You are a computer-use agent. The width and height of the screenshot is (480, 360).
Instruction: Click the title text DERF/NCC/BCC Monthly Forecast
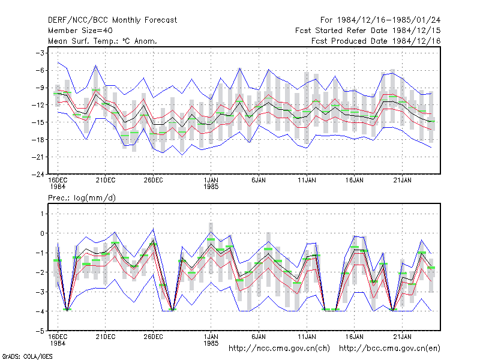point(112,20)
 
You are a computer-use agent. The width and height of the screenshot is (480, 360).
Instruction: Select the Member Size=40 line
point(80,31)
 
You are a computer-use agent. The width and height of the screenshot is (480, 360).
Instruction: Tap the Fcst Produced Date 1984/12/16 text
point(376,41)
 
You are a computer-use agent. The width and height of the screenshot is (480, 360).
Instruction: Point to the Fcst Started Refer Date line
point(368,31)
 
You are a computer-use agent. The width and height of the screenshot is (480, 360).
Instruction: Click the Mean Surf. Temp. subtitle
point(103,41)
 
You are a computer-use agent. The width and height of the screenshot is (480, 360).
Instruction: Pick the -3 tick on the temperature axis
point(40,53)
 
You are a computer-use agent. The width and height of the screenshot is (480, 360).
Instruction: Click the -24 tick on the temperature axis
point(38,175)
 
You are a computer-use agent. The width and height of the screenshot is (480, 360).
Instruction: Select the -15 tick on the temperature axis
point(38,122)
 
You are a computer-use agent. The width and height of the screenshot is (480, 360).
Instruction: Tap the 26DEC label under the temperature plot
point(153,181)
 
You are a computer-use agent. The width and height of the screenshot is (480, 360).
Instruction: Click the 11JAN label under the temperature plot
point(307,181)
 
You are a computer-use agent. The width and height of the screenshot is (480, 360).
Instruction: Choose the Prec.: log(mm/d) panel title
point(82,198)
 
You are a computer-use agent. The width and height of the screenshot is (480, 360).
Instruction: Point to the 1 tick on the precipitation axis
point(42,214)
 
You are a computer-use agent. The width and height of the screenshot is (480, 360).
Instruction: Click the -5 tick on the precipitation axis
point(40,331)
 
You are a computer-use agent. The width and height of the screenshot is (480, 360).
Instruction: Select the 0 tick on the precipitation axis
point(42,233)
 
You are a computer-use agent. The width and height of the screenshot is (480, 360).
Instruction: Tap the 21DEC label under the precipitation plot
point(106,337)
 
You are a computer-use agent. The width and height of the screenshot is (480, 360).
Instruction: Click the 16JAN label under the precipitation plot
point(355,337)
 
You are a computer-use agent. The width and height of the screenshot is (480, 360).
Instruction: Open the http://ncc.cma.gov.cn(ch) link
point(279,349)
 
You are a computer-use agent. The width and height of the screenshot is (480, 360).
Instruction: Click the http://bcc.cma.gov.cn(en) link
point(389,349)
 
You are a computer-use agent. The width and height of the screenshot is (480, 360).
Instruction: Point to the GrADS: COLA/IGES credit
point(27,356)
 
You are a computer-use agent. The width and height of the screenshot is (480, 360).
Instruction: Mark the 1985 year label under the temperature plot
point(211,187)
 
